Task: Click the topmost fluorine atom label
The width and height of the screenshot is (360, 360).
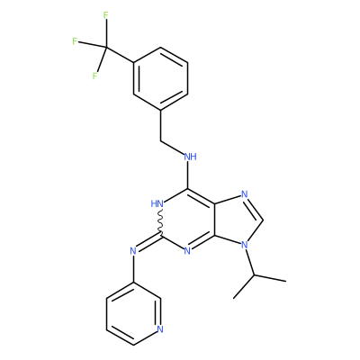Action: [105, 15]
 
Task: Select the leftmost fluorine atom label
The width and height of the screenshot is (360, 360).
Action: [75, 41]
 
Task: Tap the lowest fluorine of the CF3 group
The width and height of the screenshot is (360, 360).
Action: [94, 76]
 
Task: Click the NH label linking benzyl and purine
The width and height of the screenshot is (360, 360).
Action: [191, 157]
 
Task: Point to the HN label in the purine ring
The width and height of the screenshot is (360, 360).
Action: [157, 204]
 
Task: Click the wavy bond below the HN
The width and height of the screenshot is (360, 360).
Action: [160, 222]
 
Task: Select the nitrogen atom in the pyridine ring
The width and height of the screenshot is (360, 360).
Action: [160, 329]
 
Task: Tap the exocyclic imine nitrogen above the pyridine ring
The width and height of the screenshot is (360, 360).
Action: [133, 250]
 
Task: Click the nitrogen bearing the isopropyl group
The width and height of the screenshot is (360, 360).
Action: [245, 245]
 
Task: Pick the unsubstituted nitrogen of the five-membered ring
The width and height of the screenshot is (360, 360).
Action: [245, 194]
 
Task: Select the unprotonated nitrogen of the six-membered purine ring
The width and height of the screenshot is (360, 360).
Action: [187, 250]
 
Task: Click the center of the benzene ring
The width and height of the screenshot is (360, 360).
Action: [160, 78]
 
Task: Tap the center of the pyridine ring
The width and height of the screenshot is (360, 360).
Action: [133, 313]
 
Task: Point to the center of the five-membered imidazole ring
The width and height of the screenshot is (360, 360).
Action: [237, 220]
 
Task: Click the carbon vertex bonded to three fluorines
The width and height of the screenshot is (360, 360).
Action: [105, 47]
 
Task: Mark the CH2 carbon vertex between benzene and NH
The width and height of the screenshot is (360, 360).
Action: [160, 140]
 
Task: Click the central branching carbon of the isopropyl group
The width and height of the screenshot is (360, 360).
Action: [255, 274]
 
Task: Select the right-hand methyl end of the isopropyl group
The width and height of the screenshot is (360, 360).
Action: [285, 281]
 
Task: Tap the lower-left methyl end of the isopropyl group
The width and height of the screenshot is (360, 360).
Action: [234, 299]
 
